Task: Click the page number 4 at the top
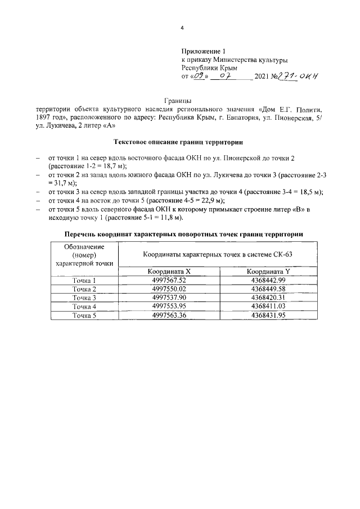[182, 27]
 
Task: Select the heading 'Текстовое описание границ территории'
[178, 143]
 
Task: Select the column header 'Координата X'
[170, 271]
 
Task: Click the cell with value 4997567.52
[170, 280]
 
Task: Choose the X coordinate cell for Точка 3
[170, 298]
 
